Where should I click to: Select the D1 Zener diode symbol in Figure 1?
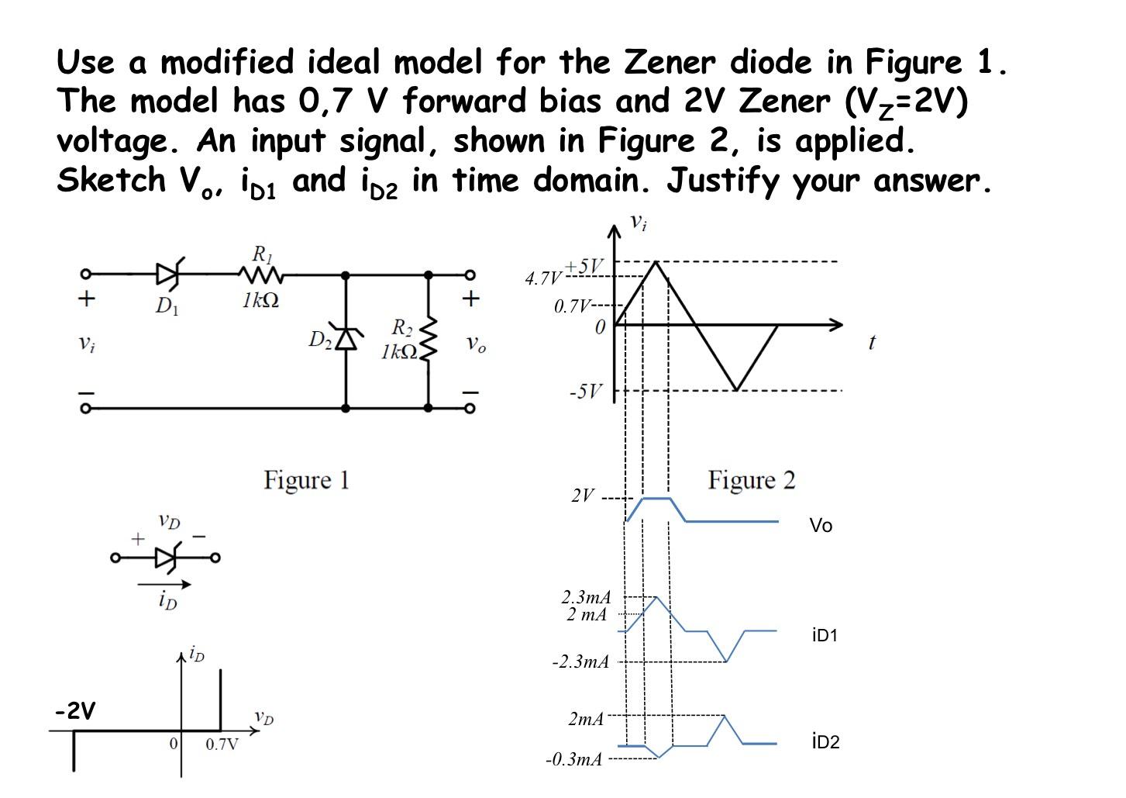(x=168, y=275)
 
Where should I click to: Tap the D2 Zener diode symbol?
(x=346, y=339)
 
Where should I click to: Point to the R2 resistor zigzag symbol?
(x=428, y=340)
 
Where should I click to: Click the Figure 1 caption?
(x=306, y=480)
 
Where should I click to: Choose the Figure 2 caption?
(x=751, y=481)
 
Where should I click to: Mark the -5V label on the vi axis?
(x=585, y=392)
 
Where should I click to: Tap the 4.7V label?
(x=542, y=278)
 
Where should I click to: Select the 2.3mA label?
(x=586, y=597)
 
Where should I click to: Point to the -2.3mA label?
(x=580, y=662)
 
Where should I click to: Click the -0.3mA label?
(x=573, y=759)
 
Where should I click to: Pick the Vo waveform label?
(x=821, y=526)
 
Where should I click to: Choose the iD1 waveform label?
(x=825, y=636)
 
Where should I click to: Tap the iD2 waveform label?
(x=825, y=742)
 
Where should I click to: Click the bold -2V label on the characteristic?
(x=75, y=710)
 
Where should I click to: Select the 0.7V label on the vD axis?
(x=222, y=745)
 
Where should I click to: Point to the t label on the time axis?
(x=872, y=342)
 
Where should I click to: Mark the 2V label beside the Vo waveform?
(x=583, y=496)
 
